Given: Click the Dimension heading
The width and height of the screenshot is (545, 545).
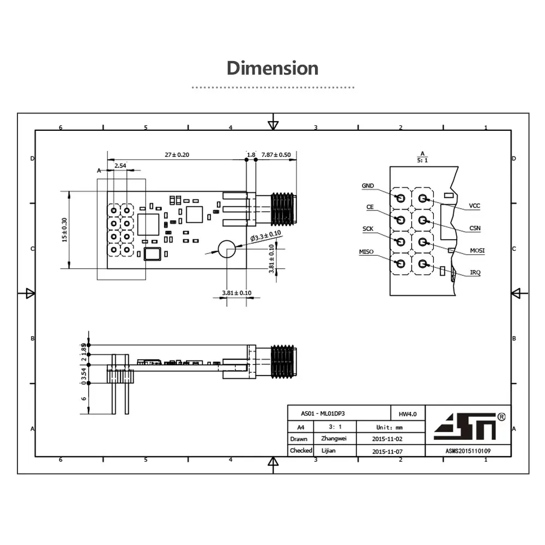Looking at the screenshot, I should [272, 69].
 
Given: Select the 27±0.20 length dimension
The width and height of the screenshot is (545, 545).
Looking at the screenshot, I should [177, 155].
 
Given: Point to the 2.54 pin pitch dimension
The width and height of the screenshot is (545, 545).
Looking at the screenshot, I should [120, 165].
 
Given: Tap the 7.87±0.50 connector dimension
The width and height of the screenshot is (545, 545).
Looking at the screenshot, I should [276, 155].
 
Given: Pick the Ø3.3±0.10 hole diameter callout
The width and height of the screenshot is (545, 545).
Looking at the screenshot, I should [265, 236].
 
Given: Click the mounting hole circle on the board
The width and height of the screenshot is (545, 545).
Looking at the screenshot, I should [227, 249].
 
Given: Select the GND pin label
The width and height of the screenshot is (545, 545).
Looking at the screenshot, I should [368, 186].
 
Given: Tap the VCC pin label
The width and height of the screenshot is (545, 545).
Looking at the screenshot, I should [475, 207].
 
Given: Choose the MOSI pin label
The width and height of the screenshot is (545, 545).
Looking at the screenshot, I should [477, 251].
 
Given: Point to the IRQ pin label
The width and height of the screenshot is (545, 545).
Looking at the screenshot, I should [475, 272].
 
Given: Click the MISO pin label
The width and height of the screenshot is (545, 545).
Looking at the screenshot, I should [366, 252].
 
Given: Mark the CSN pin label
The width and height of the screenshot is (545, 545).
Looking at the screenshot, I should [475, 228].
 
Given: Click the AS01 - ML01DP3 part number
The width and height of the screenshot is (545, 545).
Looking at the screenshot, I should [323, 414].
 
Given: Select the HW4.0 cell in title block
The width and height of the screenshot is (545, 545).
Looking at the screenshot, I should [408, 414].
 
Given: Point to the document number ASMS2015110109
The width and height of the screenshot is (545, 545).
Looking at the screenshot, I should [468, 451].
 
